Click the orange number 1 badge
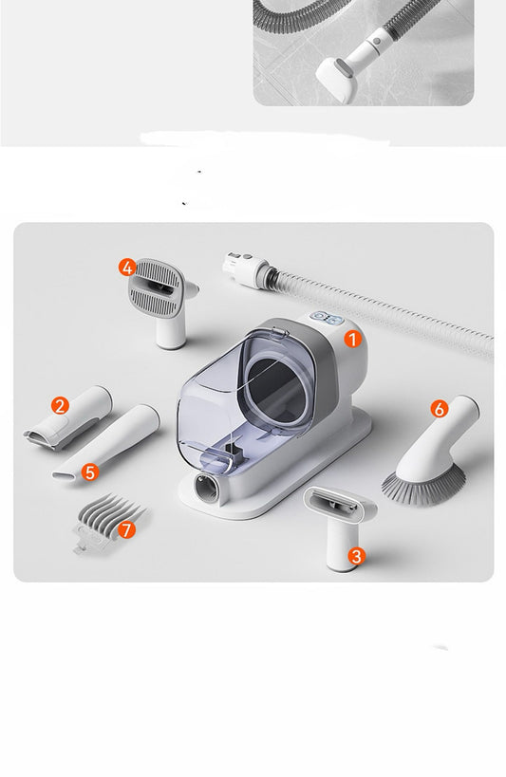coord(353,340)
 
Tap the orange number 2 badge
coord(60,406)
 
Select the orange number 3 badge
coord(357,556)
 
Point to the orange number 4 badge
coord(127,268)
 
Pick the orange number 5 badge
coord(90,472)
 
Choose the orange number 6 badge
coord(439,409)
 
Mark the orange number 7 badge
coord(126,529)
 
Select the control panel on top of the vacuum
coord(328,319)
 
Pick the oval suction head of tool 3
coord(339,503)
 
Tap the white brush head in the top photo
coord(337,81)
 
